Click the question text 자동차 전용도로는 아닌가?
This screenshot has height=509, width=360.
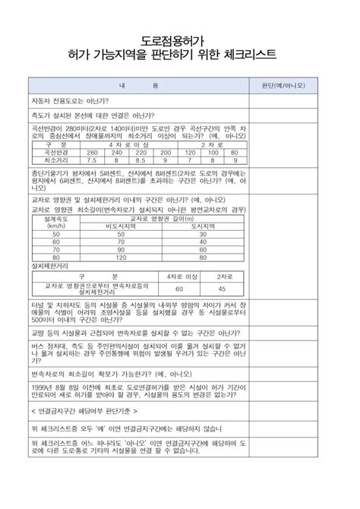70,100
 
